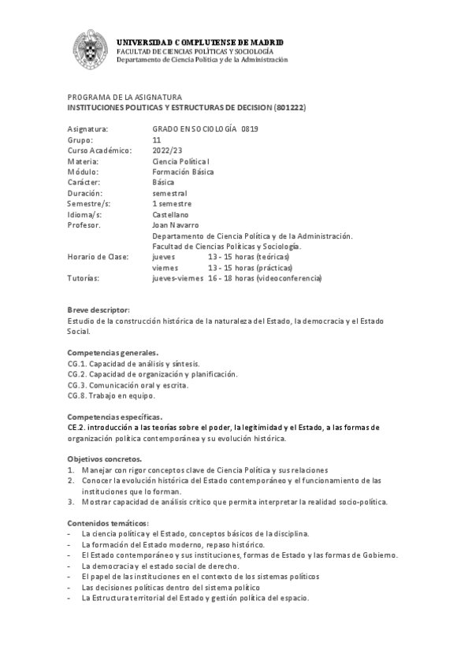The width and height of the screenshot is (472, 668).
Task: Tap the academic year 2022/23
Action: [x=168, y=150]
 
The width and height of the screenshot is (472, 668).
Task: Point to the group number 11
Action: [x=157, y=139]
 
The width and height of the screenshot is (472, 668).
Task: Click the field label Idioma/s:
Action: [x=84, y=213]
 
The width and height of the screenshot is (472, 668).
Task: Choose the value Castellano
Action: [x=170, y=213]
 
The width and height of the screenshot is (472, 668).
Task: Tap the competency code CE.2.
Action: [x=76, y=427]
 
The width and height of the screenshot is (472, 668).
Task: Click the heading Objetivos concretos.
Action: [x=104, y=458]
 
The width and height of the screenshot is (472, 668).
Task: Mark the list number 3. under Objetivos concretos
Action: [x=70, y=501]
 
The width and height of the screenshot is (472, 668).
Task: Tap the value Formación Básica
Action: [x=182, y=171]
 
